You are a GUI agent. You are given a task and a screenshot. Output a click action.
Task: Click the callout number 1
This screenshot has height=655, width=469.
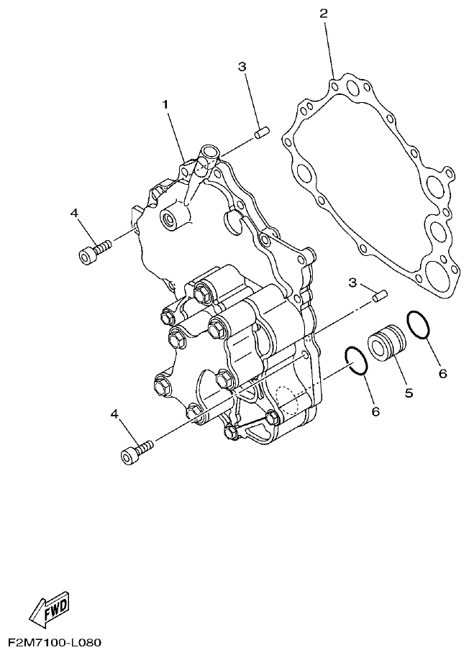[165, 105]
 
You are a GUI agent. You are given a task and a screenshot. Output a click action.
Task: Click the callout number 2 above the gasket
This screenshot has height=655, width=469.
[324, 14]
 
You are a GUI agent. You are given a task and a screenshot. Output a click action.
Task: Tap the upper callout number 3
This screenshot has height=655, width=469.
[242, 67]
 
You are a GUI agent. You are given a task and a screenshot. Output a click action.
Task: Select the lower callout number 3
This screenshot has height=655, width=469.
[353, 283]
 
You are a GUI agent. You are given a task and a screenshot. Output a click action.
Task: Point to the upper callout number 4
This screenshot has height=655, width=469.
[74, 213]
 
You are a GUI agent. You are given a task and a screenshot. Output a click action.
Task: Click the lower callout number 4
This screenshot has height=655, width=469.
[115, 414]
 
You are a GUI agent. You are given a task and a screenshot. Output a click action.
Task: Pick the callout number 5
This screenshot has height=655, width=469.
[409, 393]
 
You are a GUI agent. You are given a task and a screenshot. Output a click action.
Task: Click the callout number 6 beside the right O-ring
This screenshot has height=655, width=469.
[443, 373]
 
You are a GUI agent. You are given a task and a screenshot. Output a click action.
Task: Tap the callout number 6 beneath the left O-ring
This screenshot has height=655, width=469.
[375, 411]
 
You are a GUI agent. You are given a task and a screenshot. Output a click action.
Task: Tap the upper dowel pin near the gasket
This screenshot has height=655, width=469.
[261, 133]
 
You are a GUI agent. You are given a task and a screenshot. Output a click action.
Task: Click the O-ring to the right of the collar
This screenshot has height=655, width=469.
[420, 324]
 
